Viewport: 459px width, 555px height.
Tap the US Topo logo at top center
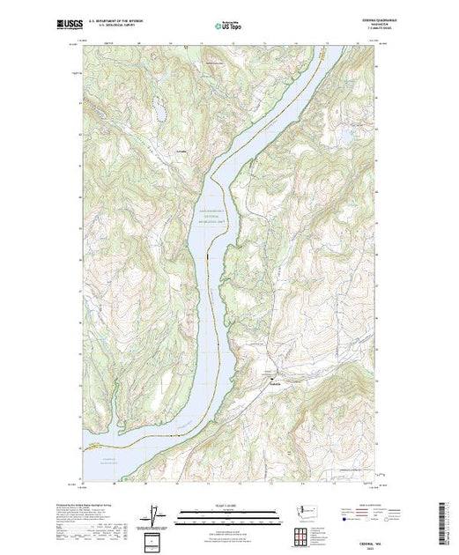(228, 26)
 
